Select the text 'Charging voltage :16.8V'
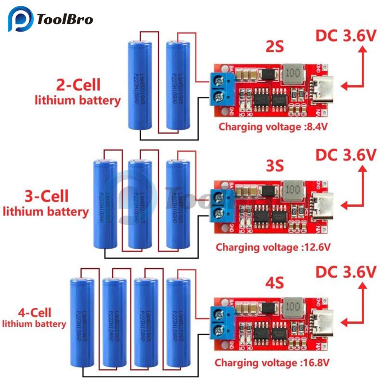272,362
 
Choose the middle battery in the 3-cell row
140,204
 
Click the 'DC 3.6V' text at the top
345,36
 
